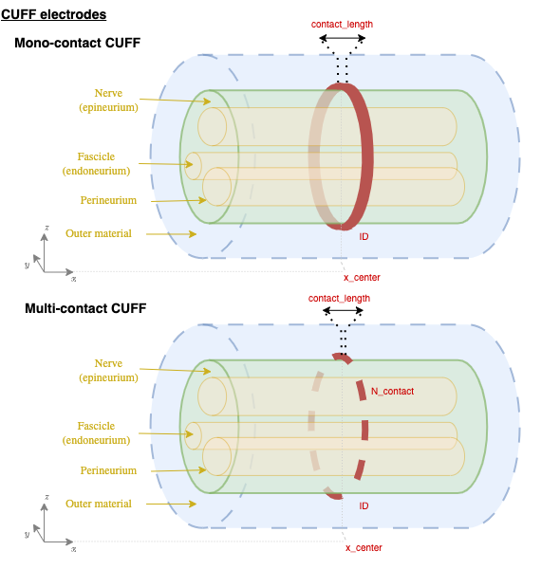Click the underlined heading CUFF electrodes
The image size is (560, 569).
[54, 14]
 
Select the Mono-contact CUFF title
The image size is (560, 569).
[77, 43]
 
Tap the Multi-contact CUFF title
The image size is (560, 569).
[85, 308]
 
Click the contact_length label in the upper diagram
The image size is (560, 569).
[342, 25]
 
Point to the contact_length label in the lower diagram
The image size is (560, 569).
[339, 299]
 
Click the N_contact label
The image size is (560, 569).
[392, 391]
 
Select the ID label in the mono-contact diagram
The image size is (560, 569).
[364, 236]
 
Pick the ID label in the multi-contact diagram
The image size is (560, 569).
[364, 505]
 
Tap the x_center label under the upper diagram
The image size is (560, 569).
[362, 278]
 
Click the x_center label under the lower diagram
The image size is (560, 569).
[364, 548]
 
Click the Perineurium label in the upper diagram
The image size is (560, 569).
[108, 200]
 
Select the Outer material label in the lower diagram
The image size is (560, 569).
[99, 504]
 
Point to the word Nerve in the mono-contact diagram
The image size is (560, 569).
[108, 93]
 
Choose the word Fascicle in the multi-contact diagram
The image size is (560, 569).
[96, 426]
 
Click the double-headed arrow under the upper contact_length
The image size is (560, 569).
[342, 38]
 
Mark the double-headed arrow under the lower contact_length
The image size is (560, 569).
[343, 310]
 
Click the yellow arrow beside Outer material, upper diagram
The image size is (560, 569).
[171, 234]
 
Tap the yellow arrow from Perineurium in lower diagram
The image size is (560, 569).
[178, 470]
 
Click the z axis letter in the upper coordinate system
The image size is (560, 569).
[47, 228]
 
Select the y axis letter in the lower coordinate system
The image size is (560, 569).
[27, 534]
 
